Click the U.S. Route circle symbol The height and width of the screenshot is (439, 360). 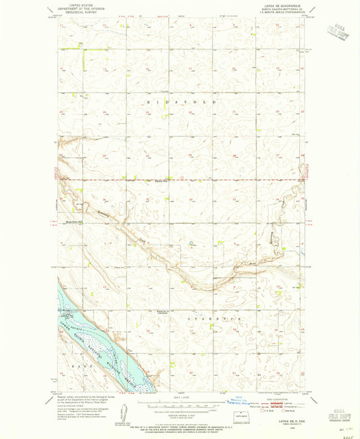(x=262, y=410)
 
